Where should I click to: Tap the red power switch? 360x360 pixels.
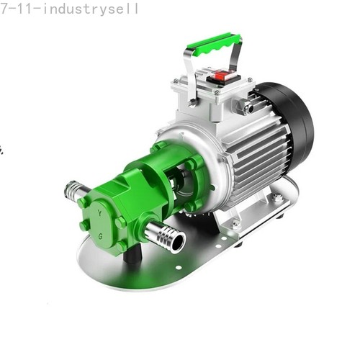coord(221,76)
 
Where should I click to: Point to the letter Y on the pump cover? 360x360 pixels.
coord(99,213)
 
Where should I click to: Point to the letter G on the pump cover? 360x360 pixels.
coord(101,236)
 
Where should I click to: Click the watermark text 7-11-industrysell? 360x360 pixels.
coord(69,9)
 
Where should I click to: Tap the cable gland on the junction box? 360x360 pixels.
coord(243,107)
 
